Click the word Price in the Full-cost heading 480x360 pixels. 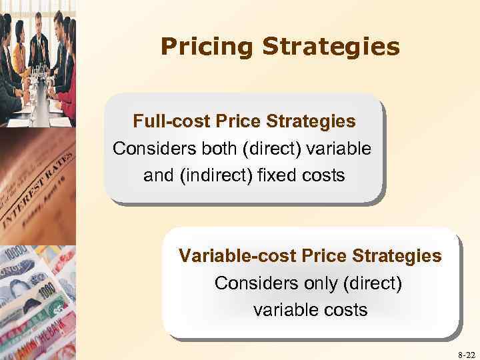(239, 122)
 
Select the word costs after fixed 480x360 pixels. (323, 175)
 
